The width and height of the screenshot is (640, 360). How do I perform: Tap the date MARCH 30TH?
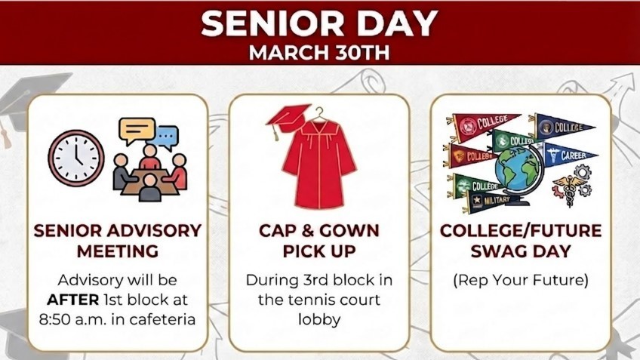click(x=319, y=55)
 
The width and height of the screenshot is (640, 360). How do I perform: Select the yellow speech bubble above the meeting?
click(x=137, y=131)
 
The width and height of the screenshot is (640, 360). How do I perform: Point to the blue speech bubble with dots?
click(x=167, y=137)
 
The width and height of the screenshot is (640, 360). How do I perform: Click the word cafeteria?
click(x=160, y=318)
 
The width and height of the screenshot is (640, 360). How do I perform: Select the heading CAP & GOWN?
click(x=319, y=230)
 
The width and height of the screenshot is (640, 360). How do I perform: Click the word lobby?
click(x=319, y=319)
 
